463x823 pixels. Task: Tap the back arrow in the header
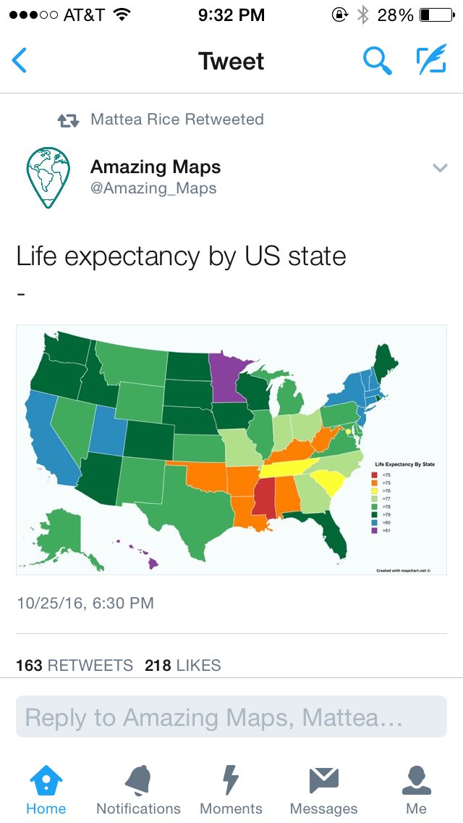pyautogui.click(x=20, y=61)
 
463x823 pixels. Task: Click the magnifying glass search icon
pyautogui.click(x=377, y=61)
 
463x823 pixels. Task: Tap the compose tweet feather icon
pyautogui.click(x=431, y=61)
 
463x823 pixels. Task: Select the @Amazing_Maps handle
pyautogui.click(x=153, y=188)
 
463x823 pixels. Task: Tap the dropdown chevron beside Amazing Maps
pyautogui.click(x=440, y=168)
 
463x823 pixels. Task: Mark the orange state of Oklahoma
pyautogui.click(x=206, y=473)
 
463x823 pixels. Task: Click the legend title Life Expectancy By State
pyautogui.click(x=404, y=463)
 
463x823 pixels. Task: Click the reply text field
pyautogui.click(x=231, y=717)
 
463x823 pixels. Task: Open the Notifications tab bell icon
pyautogui.click(x=138, y=780)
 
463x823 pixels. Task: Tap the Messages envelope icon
pyautogui.click(x=323, y=780)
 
